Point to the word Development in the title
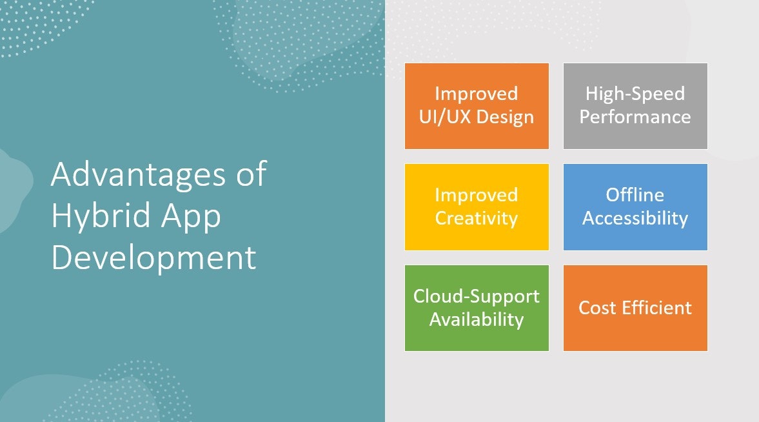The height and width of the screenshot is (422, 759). (153, 257)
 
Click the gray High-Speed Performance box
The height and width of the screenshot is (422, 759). (635, 106)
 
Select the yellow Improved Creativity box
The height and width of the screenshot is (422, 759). (477, 206)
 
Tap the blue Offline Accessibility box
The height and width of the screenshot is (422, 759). (635, 206)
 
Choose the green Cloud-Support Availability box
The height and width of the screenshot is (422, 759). (477, 308)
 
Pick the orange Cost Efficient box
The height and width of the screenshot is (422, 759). (635, 308)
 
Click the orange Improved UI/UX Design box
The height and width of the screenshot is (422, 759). (477, 106)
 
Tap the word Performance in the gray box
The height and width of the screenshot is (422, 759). (635, 117)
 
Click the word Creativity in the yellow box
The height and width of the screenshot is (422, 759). (477, 218)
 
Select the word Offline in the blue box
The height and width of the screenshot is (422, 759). (635, 195)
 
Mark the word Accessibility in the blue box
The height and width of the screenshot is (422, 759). (635, 218)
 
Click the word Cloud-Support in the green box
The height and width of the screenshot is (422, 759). (477, 296)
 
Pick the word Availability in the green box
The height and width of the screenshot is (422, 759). (477, 319)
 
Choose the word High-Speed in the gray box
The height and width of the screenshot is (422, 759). (635, 94)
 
